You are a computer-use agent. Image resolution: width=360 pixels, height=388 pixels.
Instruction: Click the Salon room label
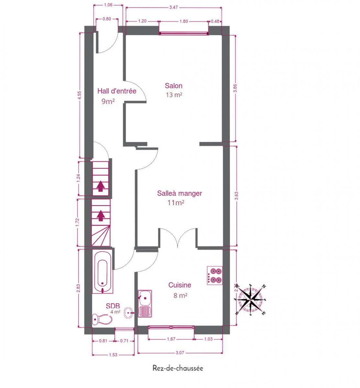pyautogui.click(x=173, y=86)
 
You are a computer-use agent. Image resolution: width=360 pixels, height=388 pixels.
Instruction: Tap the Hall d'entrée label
pyautogui.click(x=117, y=91)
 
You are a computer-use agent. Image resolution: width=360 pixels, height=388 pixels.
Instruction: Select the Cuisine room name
pyautogui.click(x=180, y=285)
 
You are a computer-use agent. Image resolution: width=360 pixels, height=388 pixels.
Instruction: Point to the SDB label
pyautogui.click(x=113, y=306)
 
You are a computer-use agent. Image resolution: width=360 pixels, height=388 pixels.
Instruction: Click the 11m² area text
pyautogui.click(x=176, y=203)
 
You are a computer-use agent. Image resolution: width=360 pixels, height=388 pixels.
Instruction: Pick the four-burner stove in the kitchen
pyautogui.click(x=214, y=275)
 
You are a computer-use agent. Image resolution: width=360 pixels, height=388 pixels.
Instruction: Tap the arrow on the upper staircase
pyautogui.click(x=100, y=186)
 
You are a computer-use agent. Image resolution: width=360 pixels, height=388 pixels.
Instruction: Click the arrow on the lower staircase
pyautogui.click(x=101, y=215)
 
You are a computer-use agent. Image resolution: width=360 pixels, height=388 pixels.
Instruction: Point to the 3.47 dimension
pyautogui.click(x=173, y=7)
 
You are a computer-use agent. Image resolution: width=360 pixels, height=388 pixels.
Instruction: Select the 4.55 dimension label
pyautogui.click(x=80, y=95)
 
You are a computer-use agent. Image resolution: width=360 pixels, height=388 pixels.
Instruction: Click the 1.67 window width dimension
pyautogui.click(x=171, y=339)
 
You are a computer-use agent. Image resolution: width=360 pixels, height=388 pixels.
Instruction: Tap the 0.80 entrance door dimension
pyautogui.click(x=107, y=19)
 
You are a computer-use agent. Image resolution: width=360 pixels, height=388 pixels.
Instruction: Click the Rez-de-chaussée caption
pyautogui.click(x=178, y=368)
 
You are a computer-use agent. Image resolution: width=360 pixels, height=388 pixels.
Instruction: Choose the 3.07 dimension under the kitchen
pyautogui.click(x=180, y=353)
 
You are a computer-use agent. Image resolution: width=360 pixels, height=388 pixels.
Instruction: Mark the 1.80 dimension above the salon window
pyautogui.click(x=183, y=21)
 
